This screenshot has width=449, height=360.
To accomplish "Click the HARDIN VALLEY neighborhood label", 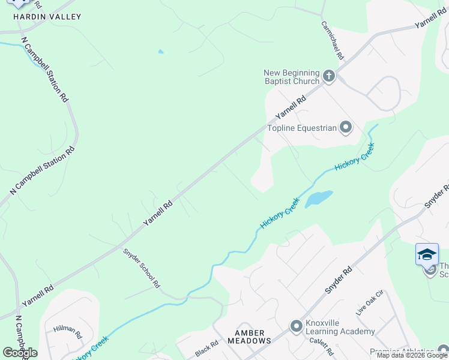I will tap(47, 17).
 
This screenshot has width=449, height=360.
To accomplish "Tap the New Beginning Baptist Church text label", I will tap(292, 77).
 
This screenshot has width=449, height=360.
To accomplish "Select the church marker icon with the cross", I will tap(328, 76).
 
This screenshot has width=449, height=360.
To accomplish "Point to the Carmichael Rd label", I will tap(332, 41).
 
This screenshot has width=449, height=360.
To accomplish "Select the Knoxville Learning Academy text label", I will tap(340, 326).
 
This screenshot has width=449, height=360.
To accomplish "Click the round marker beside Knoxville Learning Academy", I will tap(296, 326).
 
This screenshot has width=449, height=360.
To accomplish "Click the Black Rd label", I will tap(206, 349).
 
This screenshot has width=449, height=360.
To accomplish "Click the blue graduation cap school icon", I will tap(427, 254).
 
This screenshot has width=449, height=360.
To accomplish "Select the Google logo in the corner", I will tap(20, 353).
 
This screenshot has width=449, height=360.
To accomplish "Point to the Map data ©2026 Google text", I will tap(412, 356).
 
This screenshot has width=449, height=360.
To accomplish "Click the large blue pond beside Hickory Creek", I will tap(319, 199).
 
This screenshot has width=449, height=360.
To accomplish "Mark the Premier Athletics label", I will tap(402, 352).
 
